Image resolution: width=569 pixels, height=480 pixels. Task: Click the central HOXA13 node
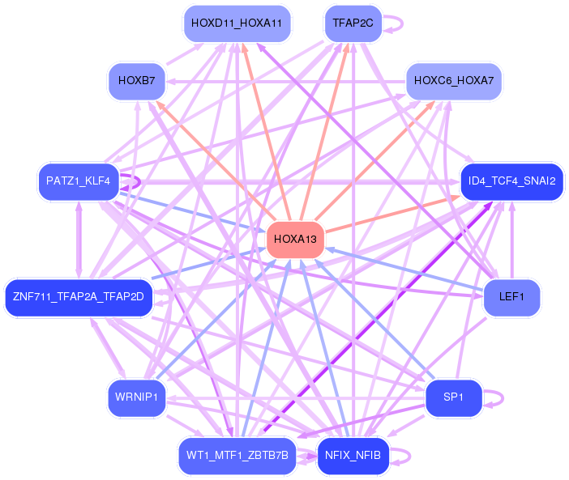[295, 240]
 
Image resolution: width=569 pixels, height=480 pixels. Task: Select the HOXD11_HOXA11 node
[237, 23]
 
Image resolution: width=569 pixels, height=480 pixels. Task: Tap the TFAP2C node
[353, 23]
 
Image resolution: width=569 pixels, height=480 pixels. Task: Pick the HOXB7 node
[137, 81]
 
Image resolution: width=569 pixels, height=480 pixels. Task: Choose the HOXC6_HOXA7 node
[454, 81]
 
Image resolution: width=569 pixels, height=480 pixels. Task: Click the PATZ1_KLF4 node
[79, 181]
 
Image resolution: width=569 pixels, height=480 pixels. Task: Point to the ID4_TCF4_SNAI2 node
[511, 181]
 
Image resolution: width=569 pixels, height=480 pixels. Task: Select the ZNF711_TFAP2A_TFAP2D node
[79, 297]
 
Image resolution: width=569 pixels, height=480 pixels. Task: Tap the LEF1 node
[511, 297]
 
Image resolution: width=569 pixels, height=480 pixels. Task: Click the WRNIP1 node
[137, 397]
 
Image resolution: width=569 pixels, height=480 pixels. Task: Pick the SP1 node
[454, 397]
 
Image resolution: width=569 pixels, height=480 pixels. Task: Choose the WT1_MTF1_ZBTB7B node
[237, 456]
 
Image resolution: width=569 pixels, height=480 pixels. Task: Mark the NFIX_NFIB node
[353, 456]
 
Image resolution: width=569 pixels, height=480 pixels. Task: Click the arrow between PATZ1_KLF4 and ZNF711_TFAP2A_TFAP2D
[79, 240]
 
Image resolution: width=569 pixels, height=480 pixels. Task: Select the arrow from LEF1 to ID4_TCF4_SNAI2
[512, 240]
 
